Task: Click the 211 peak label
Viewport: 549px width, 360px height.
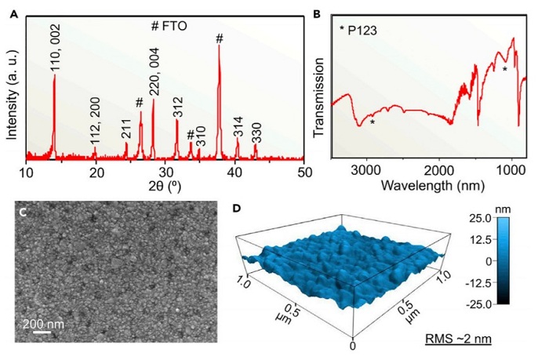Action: (x=126, y=129)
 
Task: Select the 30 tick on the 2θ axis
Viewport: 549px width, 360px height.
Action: (x=165, y=171)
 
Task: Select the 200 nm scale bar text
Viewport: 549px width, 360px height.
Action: (x=45, y=322)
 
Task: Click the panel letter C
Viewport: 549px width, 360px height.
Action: (x=23, y=213)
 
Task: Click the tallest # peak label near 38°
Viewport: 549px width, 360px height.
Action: (x=220, y=38)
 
